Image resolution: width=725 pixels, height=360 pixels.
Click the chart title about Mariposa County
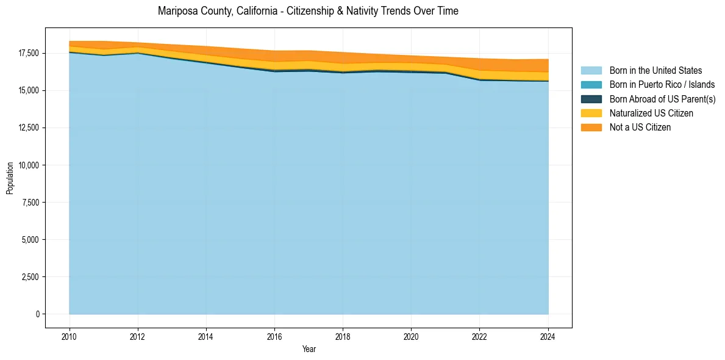click(308, 11)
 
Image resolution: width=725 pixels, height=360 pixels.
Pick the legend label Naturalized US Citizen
click(651, 113)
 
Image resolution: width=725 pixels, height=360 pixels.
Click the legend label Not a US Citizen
click(640, 127)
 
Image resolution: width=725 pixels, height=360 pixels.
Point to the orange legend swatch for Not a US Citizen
click(591, 127)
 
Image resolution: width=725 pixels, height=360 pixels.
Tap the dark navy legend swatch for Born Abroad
click(591, 99)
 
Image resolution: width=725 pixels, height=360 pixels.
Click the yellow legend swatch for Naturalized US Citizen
click(591, 113)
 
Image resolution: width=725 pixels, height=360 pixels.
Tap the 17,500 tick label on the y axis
click(28, 54)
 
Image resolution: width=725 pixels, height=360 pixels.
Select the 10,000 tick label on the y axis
click(28, 165)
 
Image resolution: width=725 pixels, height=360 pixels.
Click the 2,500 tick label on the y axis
click(30, 277)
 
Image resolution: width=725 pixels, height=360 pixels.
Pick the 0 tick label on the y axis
click(37, 314)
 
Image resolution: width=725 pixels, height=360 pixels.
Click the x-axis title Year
click(309, 349)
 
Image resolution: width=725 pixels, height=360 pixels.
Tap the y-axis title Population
click(10, 178)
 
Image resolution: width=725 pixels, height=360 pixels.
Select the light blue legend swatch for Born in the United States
click(591, 71)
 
